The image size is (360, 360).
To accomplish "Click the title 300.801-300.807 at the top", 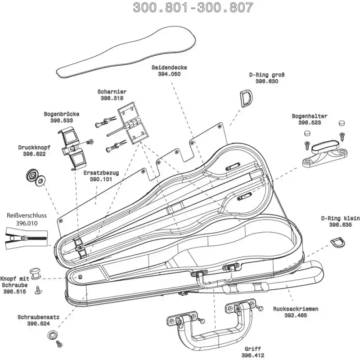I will click(193, 8).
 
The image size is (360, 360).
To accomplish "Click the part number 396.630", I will click(266, 81).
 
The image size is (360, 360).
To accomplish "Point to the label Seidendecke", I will click(169, 67).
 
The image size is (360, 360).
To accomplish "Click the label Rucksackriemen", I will click(296, 309).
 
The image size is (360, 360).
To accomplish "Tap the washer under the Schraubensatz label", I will click(53, 335).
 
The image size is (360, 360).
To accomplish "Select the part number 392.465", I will click(296, 315).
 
